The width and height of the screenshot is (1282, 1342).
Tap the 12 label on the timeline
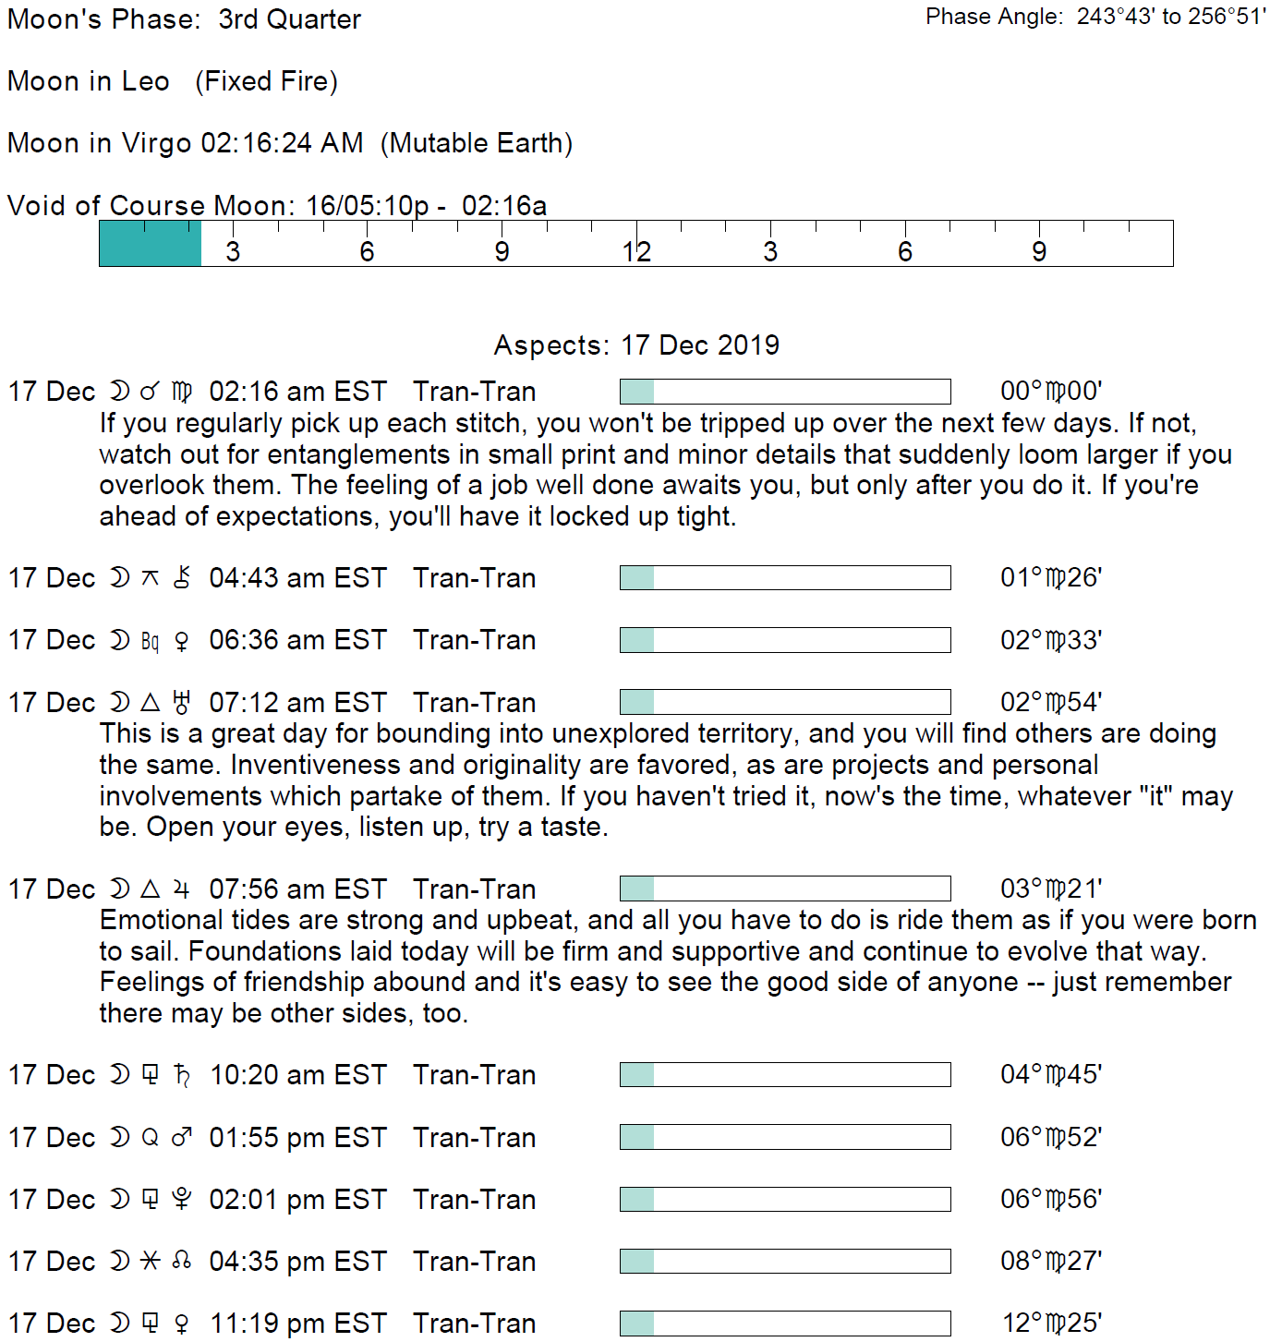coord(636,252)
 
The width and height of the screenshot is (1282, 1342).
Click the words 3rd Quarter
coord(289,19)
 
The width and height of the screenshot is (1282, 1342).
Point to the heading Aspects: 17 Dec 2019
coord(636,345)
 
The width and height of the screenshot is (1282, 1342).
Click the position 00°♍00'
coord(1051,392)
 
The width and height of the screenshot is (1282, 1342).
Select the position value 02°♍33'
coord(1051,640)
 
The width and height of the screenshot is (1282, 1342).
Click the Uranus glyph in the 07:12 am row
coord(182,703)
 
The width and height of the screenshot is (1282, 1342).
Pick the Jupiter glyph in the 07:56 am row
coord(182,889)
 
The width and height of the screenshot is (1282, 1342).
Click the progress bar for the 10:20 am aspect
coord(785,1075)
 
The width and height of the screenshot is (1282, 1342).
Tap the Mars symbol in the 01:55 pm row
coord(182,1138)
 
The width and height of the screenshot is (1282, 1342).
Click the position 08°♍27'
coord(1051,1262)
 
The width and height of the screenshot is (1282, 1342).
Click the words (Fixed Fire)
coord(267,81)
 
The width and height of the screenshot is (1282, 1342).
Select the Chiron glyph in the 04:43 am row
coord(182,578)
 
